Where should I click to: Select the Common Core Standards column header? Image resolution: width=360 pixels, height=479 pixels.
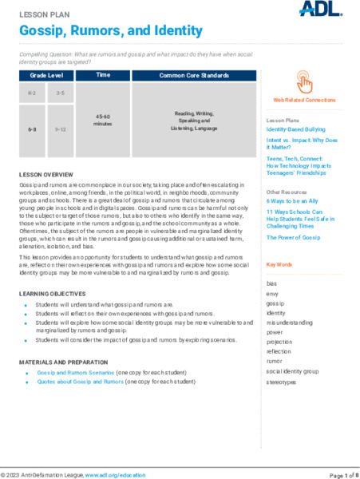[194, 75]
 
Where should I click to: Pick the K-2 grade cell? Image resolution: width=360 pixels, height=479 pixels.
[33, 93]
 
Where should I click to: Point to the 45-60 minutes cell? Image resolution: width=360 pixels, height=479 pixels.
[103, 121]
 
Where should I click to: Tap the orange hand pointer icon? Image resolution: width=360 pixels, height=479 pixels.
[304, 81]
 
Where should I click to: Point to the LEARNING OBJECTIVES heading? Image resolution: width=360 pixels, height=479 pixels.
[55, 295]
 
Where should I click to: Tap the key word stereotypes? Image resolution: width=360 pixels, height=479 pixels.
[281, 382]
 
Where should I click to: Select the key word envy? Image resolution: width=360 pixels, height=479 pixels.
[273, 294]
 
